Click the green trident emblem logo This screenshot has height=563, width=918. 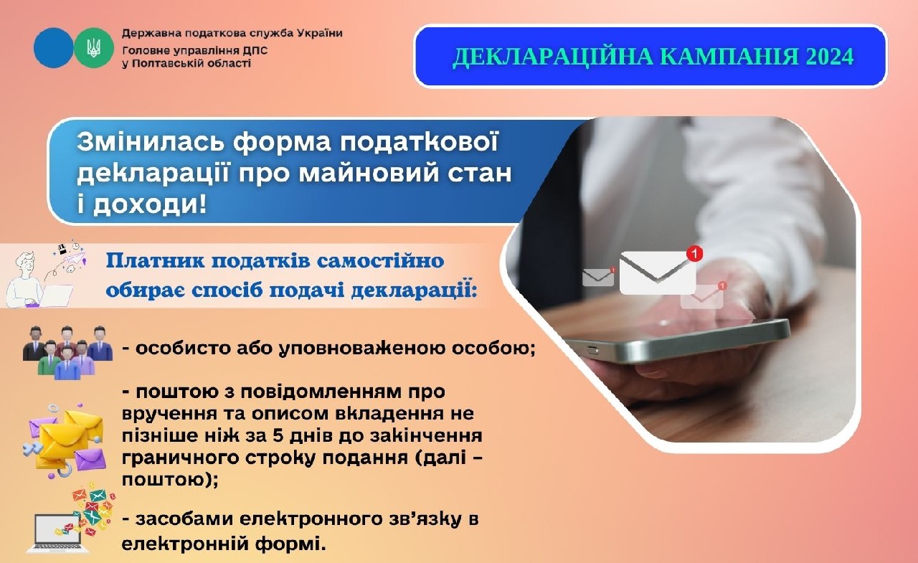(94, 48)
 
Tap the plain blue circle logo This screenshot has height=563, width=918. (53, 48)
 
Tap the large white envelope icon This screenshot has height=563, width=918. (657, 272)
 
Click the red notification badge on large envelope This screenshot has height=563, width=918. (694, 253)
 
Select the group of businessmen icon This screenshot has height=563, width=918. (68, 351)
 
